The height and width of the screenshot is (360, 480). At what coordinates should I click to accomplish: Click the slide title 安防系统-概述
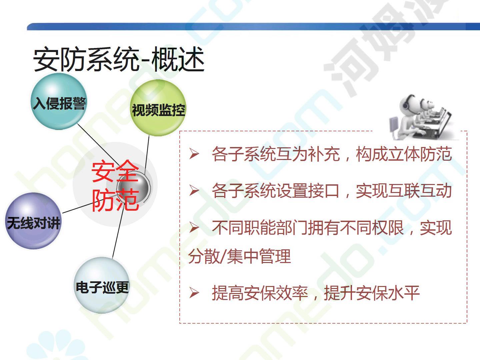click(x=119, y=59)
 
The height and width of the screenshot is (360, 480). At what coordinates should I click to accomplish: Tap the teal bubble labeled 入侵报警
click(x=59, y=102)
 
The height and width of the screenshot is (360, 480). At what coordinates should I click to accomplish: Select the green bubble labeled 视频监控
click(x=158, y=108)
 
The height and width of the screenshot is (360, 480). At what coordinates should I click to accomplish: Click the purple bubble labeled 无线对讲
click(x=33, y=221)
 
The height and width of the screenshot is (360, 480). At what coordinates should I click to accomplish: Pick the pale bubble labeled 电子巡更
click(x=102, y=285)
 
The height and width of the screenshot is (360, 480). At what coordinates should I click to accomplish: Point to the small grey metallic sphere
click(x=134, y=187)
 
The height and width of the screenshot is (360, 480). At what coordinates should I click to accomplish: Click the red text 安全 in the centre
click(x=115, y=171)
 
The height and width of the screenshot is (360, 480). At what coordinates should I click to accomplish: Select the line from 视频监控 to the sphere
click(x=147, y=154)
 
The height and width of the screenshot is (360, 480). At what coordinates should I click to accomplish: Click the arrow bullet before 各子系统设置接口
click(x=194, y=190)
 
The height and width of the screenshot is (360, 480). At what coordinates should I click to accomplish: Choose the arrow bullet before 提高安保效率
click(x=194, y=293)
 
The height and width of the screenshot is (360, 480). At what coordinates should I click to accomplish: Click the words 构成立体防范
click(x=404, y=154)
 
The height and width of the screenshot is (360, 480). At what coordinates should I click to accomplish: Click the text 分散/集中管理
click(x=239, y=256)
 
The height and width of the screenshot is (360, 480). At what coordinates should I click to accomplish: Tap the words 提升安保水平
click(x=372, y=293)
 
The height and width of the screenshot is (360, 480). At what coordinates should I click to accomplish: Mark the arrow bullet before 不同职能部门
click(x=194, y=227)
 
